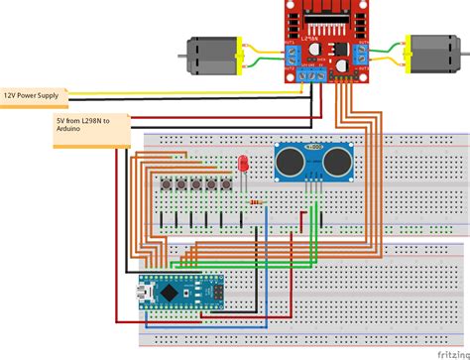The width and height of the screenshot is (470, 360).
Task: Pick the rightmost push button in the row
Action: [225, 185]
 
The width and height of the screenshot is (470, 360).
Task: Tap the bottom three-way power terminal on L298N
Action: [315, 71]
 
